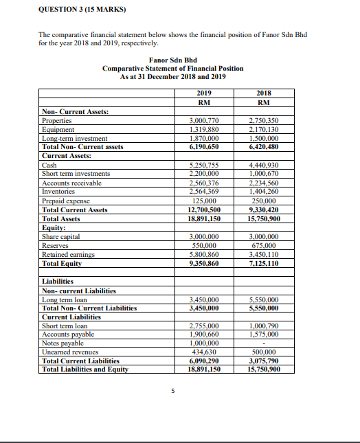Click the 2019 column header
[x=204, y=93]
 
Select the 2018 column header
[x=264, y=93]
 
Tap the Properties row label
[x=58, y=120]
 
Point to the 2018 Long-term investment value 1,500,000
[x=264, y=137]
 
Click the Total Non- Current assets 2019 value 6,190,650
[x=204, y=146]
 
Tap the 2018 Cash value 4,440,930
[x=264, y=165]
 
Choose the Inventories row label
[x=58, y=192]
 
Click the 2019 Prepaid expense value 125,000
[x=204, y=201]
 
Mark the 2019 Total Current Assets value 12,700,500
[x=204, y=209]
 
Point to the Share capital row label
[x=61, y=236]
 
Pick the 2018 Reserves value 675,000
[x=264, y=245]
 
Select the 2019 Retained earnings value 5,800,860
[x=204, y=254]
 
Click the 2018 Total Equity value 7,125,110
[x=264, y=263]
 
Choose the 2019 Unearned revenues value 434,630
[x=204, y=351]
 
